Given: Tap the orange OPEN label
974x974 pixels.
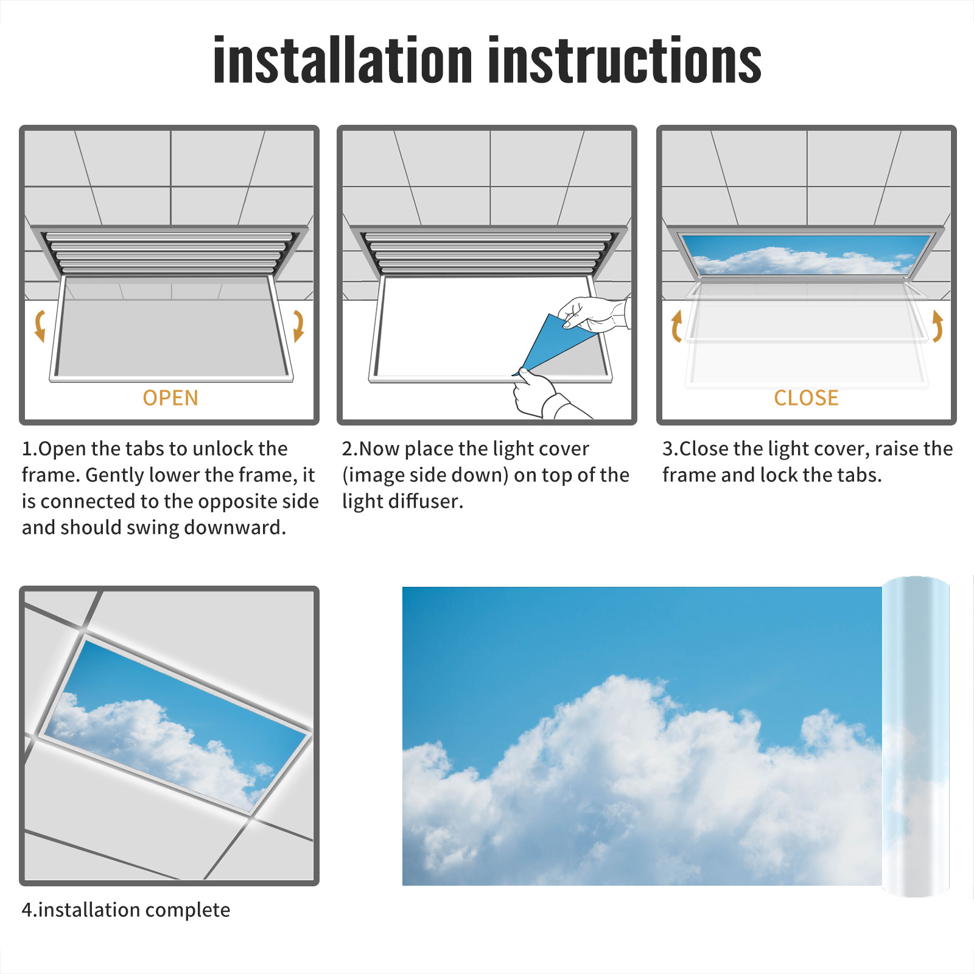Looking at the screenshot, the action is [x=170, y=398].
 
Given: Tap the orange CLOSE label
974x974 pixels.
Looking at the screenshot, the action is [x=806, y=398].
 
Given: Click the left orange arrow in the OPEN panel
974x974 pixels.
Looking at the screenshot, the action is [x=39, y=326].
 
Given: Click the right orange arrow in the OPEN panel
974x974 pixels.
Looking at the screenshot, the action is [x=298, y=326].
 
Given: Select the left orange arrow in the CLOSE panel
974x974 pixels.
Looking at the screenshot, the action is [x=676, y=326].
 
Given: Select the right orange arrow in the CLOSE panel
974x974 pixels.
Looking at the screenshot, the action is [x=937, y=326].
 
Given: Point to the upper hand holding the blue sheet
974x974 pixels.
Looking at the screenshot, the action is [x=594, y=314].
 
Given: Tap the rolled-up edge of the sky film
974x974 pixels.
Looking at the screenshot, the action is [x=916, y=737].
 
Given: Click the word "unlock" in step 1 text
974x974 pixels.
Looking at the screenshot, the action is [x=223, y=449].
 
